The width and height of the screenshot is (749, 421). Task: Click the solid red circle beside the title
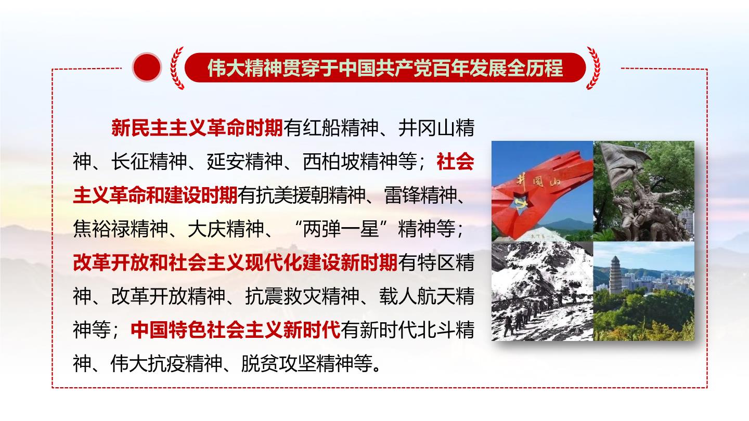(x=147, y=67)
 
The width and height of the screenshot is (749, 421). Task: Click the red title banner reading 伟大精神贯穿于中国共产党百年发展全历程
(x=385, y=68)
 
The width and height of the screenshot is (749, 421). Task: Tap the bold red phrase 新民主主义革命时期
(x=197, y=128)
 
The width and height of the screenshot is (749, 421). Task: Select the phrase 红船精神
(x=341, y=128)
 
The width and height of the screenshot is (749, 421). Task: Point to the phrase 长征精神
(x=149, y=162)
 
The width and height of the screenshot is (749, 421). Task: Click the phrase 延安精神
(x=245, y=162)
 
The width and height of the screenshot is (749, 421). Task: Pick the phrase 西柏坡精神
(x=350, y=162)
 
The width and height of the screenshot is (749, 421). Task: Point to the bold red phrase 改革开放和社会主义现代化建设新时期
(x=236, y=262)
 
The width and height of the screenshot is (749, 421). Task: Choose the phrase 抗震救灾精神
(x=302, y=296)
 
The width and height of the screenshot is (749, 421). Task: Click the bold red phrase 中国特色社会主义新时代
(x=236, y=330)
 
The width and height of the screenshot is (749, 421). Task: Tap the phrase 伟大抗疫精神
(x=166, y=364)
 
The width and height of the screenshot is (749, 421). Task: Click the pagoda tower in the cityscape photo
(x=616, y=275)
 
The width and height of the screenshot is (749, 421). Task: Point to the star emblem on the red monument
(x=523, y=202)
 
